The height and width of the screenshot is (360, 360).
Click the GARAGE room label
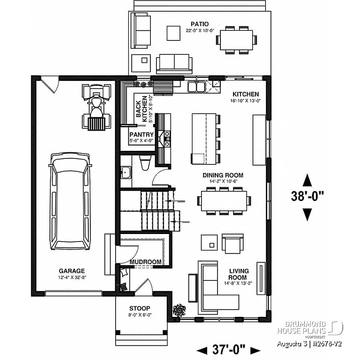click(x=71, y=271)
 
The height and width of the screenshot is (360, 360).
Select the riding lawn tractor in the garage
click(x=96, y=106)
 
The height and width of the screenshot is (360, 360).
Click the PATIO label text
click(x=199, y=24)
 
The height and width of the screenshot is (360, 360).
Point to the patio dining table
click(x=236, y=40)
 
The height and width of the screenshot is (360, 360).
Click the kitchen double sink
click(x=196, y=86)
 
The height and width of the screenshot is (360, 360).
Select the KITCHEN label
click(x=246, y=94)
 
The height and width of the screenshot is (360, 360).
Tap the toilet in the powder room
click(x=144, y=163)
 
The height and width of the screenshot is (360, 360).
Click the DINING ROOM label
click(x=223, y=175)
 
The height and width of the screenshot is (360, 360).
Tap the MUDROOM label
click(x=146, y=262)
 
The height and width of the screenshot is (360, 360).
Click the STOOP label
click(x=140, y=308)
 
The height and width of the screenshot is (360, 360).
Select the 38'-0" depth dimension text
click(x=307, y=197)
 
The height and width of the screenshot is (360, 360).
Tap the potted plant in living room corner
click(x=178, y=309)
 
